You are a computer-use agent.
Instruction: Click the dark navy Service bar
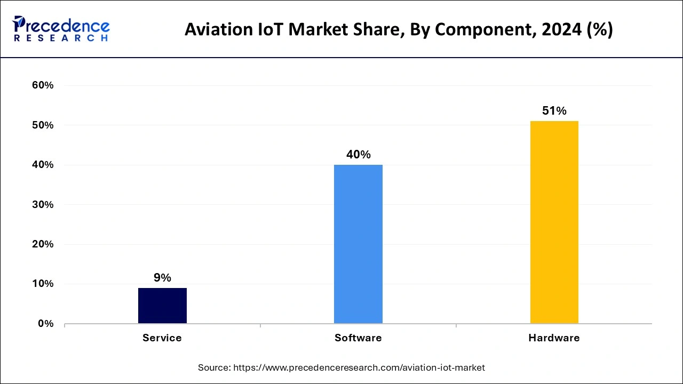pyautogui.click(x=162, y=306)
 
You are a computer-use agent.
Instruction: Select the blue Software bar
pyautogui.click(x=358, y=244)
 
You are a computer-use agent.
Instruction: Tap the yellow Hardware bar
pyautogui.click(x=554, y=222)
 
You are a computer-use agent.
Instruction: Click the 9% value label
pyautogui.click(x=162, y=278)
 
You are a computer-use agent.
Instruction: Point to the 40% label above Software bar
pyautogui.click(x=358, y=155)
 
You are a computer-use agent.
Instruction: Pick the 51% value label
pyautogui.click(x=554, y=111)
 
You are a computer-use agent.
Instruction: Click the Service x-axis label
pyautogui.click(x=162, y=338)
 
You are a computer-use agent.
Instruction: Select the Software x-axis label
pyautogui.click(x=358, y=338)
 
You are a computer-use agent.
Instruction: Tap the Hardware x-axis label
pyautogui.click(x=554, y=338)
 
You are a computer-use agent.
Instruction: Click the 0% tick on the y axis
pyautogui.click(x=45, y=324)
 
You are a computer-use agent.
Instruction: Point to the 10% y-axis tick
pyautogui.click(x=43, y=284)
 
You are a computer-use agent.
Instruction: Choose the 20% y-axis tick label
pyautogui.click(x=43, y=244)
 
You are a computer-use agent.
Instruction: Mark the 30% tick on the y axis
pyautogui.click(x=43, y=205)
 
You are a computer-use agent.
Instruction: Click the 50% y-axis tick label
pyautogui.click(x=43, y=125)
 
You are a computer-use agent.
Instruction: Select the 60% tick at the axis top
pyautogui.click(x=43, y=85)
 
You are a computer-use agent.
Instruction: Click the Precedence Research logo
pyautogui.click(x=61, y=29)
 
